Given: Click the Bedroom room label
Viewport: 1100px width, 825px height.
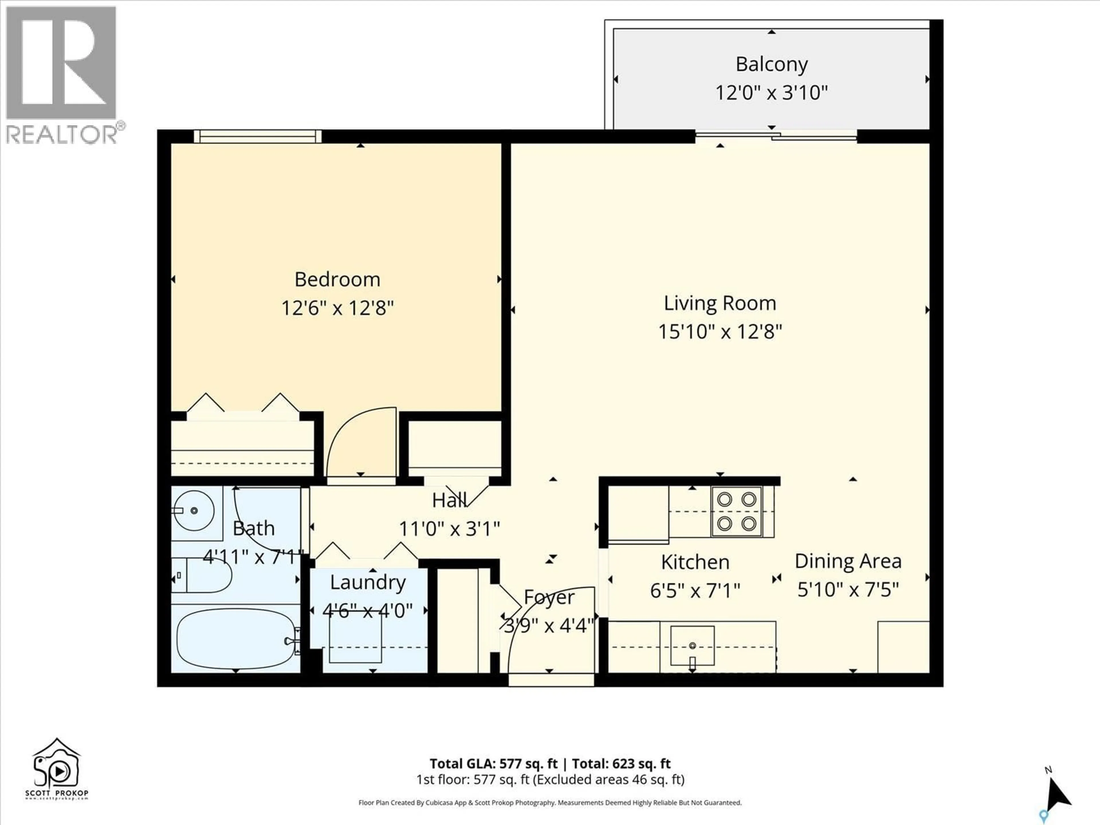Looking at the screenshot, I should point(337,280).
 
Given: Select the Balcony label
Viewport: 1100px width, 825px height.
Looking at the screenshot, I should point(771,64).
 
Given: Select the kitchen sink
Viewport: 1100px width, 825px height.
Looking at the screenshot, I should point(692,646).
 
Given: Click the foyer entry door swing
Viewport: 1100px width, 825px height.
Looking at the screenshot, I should point(549,632).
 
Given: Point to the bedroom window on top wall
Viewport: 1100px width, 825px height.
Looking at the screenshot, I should point(258,136).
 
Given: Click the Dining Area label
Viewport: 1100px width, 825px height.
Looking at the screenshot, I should point(848,561).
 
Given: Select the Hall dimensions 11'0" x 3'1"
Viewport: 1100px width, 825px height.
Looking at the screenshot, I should point(449,529).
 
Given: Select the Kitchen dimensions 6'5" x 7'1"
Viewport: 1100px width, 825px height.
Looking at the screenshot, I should point(695,591).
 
